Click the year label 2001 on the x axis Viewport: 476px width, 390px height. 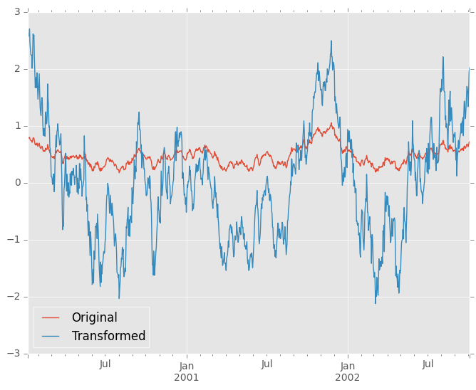pyautogui.click(x=186, y=377)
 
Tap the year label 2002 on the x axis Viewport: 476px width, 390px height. pyautogui.click(x=348, y=377)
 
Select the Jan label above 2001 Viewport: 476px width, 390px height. pyautogui.click(x=186, y=365)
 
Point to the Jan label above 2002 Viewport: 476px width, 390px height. pyautogui.click(x=348, y=365)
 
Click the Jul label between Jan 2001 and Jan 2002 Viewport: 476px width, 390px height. pyautogui.click(x=267, y=365)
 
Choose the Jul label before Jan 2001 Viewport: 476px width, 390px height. pyautogui.click(x=105, y=365)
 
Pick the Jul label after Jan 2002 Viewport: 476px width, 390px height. pyautogui.click(x=428, y=365)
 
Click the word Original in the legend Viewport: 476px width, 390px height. pyautogui.click(x=94, y=318)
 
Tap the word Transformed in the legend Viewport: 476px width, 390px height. pyautogui.click(x=108, y=336)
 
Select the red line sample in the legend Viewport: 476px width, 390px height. pyautogui.click(x=51, y=318)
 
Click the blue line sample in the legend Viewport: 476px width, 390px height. pyautogui.click(x=51, y=336)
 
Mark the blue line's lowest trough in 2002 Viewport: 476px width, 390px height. pyautogui.click(x=376, y=304)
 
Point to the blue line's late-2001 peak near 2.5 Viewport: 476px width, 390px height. pyautogui.click(x=331, y=41)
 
